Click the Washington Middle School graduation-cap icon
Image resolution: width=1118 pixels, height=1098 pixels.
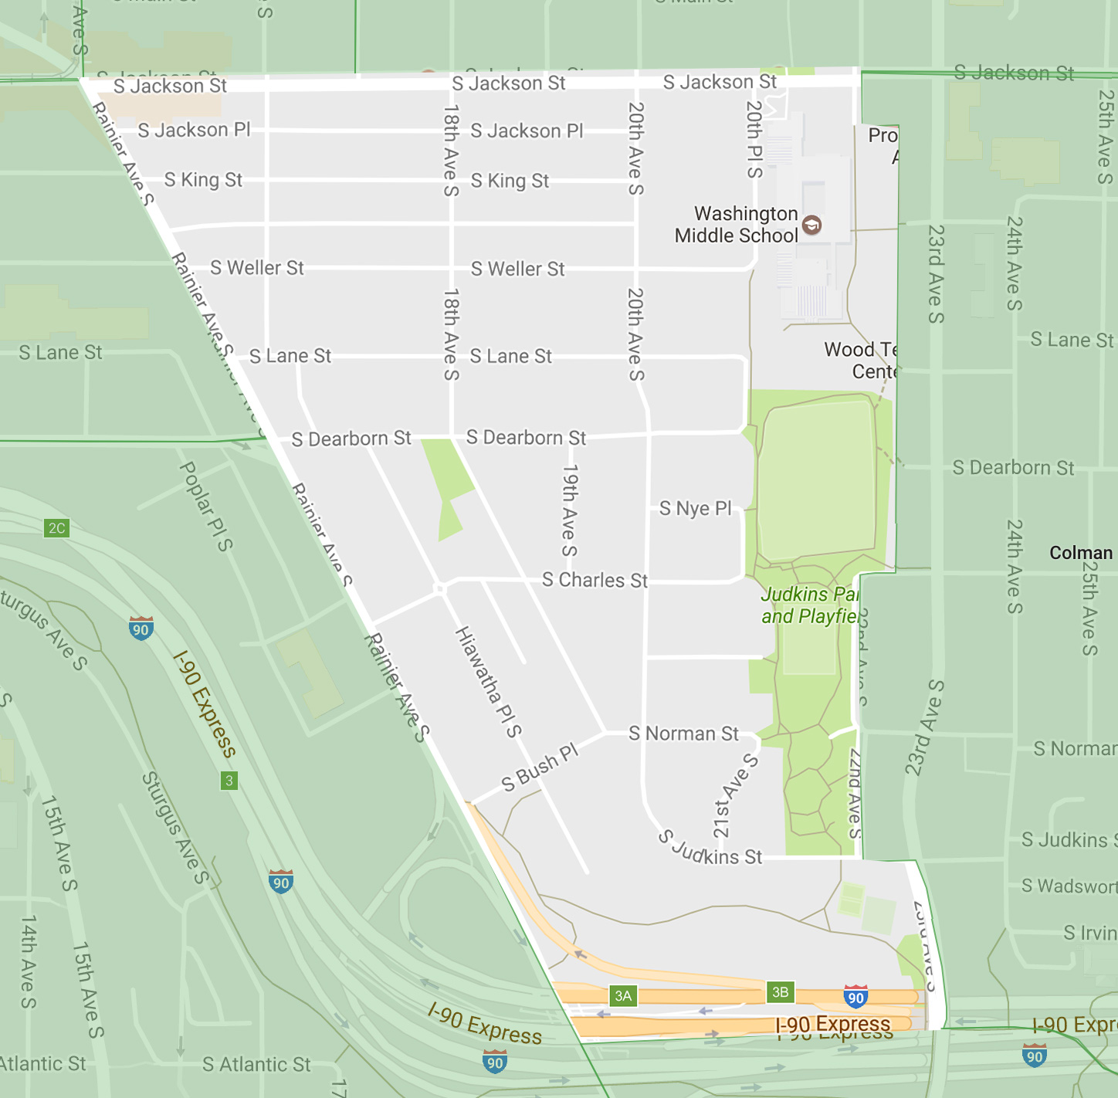(x=811, y=225)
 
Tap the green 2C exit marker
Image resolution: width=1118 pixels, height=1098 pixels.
(x=57, y=528)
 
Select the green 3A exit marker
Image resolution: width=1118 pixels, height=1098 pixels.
(x=623, y=995)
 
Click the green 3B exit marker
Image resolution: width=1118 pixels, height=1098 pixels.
(x=780, y=992)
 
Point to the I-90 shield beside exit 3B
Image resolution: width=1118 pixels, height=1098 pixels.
(x=855, y=997)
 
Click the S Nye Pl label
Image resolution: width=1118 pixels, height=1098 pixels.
(x=695, y=508)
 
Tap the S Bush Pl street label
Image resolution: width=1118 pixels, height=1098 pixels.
(x=540, y=768)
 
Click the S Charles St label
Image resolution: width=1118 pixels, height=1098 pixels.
(x=595, y=580)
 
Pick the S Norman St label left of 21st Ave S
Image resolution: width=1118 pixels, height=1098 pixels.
(x=683, y=734)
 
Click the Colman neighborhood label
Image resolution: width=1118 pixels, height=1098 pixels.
(x=1080, y=553)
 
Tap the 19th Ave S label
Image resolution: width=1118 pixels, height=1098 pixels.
(x=570, y=510)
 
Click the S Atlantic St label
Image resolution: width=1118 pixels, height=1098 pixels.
(x=256, y=1065)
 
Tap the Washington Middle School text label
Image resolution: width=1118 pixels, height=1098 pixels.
(x=736, y=224)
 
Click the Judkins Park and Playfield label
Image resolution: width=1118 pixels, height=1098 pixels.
(x=809, y=605)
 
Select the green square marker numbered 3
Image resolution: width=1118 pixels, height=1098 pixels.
(x=229, y=781)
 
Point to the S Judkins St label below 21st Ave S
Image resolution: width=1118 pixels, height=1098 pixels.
(x=710, y=849)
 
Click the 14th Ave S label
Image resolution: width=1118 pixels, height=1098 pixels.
(x=29, y=961)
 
